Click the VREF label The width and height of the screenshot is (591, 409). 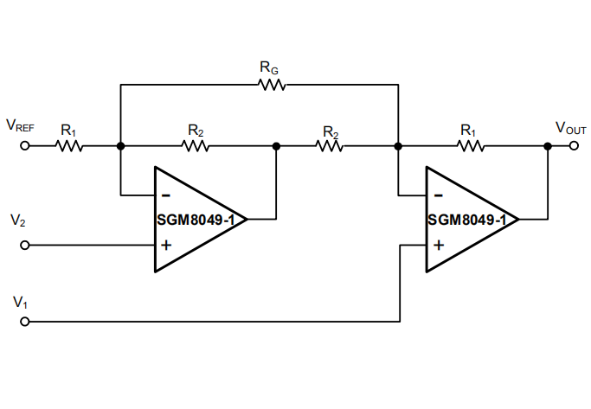[20, 126]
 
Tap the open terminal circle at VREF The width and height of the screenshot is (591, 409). [24, 146]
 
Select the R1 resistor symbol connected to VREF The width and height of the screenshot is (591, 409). [69, 146]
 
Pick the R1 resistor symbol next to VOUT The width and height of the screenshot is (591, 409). [469, 146]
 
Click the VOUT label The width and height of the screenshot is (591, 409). [571, 128]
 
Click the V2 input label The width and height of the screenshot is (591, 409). [18, 221]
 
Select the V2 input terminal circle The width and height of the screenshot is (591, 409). [24, 246]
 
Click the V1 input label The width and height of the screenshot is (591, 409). [20, 303]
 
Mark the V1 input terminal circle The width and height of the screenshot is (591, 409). [24, 322]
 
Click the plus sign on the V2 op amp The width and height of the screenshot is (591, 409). [165, 245]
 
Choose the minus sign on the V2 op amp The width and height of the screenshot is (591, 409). [165, 195]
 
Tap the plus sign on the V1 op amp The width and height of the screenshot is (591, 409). [438, 245]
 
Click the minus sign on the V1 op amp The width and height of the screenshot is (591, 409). [438, 195]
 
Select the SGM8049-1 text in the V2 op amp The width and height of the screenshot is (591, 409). [196, 220]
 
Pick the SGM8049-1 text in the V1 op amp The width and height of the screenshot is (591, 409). [467, 220]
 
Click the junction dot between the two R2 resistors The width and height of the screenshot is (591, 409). [277, 146]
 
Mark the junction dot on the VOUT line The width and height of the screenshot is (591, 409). [548, 146]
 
